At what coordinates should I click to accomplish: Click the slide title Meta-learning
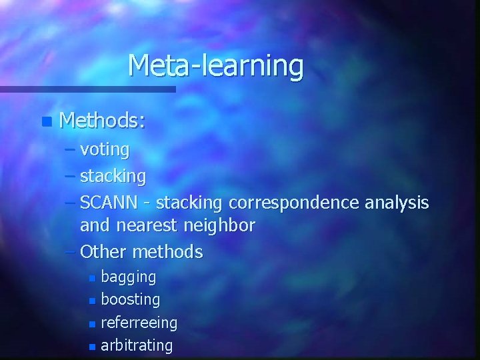pos(215,66)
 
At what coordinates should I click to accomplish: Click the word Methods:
pos(102,121)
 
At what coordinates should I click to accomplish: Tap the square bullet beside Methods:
pos(45,122)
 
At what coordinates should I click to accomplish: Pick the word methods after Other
pos(167,252)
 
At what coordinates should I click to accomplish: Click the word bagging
pos(128,277)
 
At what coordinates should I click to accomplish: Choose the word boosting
pos(130,299)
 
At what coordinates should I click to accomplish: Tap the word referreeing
pos(139,323)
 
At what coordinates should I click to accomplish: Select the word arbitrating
pos(137,345)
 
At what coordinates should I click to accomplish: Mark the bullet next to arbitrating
pos(92,346)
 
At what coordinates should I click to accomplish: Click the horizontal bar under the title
pos(87,89)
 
